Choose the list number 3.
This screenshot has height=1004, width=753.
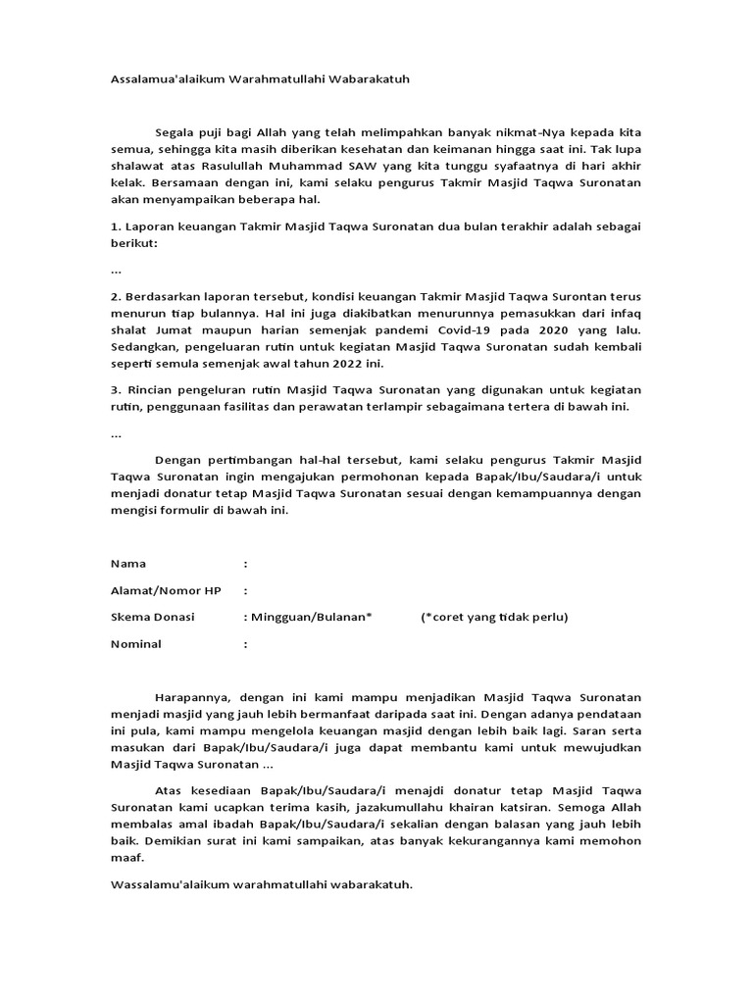tap(114, 389)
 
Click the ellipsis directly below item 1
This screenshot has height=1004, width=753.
tap(117, 268)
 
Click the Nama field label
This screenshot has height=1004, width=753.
tap(128, 564)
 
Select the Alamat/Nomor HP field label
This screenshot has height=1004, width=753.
tap(166, 590)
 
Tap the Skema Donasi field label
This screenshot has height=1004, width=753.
tap(153, 617)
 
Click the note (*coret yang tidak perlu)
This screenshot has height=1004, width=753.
tap(494, 617)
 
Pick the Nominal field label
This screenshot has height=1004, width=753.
tap(136, 644)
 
